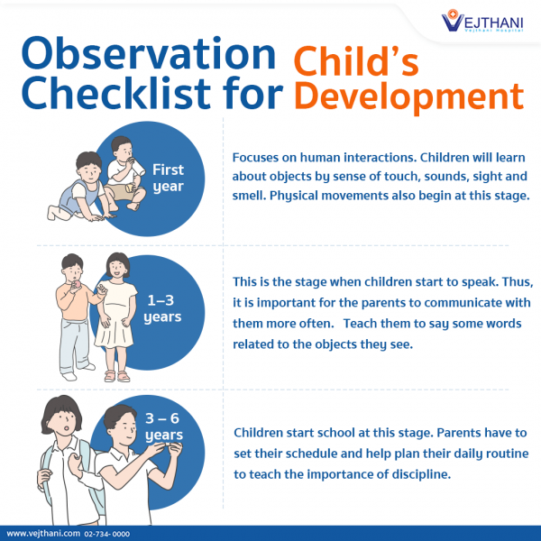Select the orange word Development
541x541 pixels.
point(410,96)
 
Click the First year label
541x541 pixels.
point(168,178)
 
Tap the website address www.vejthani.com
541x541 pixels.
point(42,534)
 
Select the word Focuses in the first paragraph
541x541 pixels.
point(259,154)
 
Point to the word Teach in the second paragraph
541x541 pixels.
point(362,323)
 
